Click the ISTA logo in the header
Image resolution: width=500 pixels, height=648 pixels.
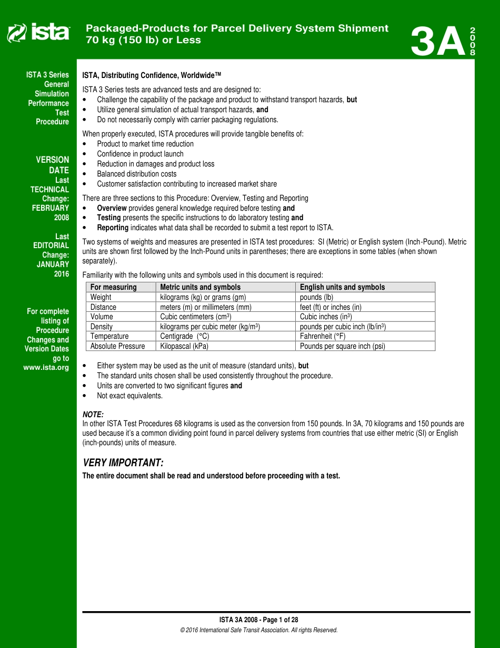tap(38, 33)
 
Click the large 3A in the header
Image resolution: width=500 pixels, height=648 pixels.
tap(438, 42)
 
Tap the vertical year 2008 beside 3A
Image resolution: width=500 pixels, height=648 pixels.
tap(473, 42)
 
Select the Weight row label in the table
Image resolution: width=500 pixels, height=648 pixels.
tap(101, 297)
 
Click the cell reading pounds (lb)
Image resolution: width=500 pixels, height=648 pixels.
tap(316, 297)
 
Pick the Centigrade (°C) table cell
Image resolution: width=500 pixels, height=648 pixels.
tap(184, 336)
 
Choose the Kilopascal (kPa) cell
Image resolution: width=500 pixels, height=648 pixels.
tap(184, 346)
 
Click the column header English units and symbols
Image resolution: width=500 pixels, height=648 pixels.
tap(342, 287)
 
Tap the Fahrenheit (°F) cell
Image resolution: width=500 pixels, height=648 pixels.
tap(323, 336)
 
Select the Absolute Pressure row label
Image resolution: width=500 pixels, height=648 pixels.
tap(116, 346)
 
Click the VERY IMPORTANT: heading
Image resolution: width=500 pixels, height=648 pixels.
tap(123, 463)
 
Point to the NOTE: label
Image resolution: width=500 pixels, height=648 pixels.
tap(93, 415)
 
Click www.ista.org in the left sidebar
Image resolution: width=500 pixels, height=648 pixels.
tap(46, 368)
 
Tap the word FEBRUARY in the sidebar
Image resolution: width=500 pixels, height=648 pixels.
tap(51, 208)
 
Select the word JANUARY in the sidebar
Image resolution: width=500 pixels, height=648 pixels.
tap(53, 264)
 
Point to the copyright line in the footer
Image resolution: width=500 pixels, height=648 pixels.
tap(258, 630)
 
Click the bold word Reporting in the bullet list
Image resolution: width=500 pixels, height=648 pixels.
tap(113, 228)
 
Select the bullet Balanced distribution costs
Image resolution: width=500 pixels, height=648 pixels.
tap(136, 174)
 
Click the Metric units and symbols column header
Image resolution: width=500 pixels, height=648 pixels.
tap(200, 287)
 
